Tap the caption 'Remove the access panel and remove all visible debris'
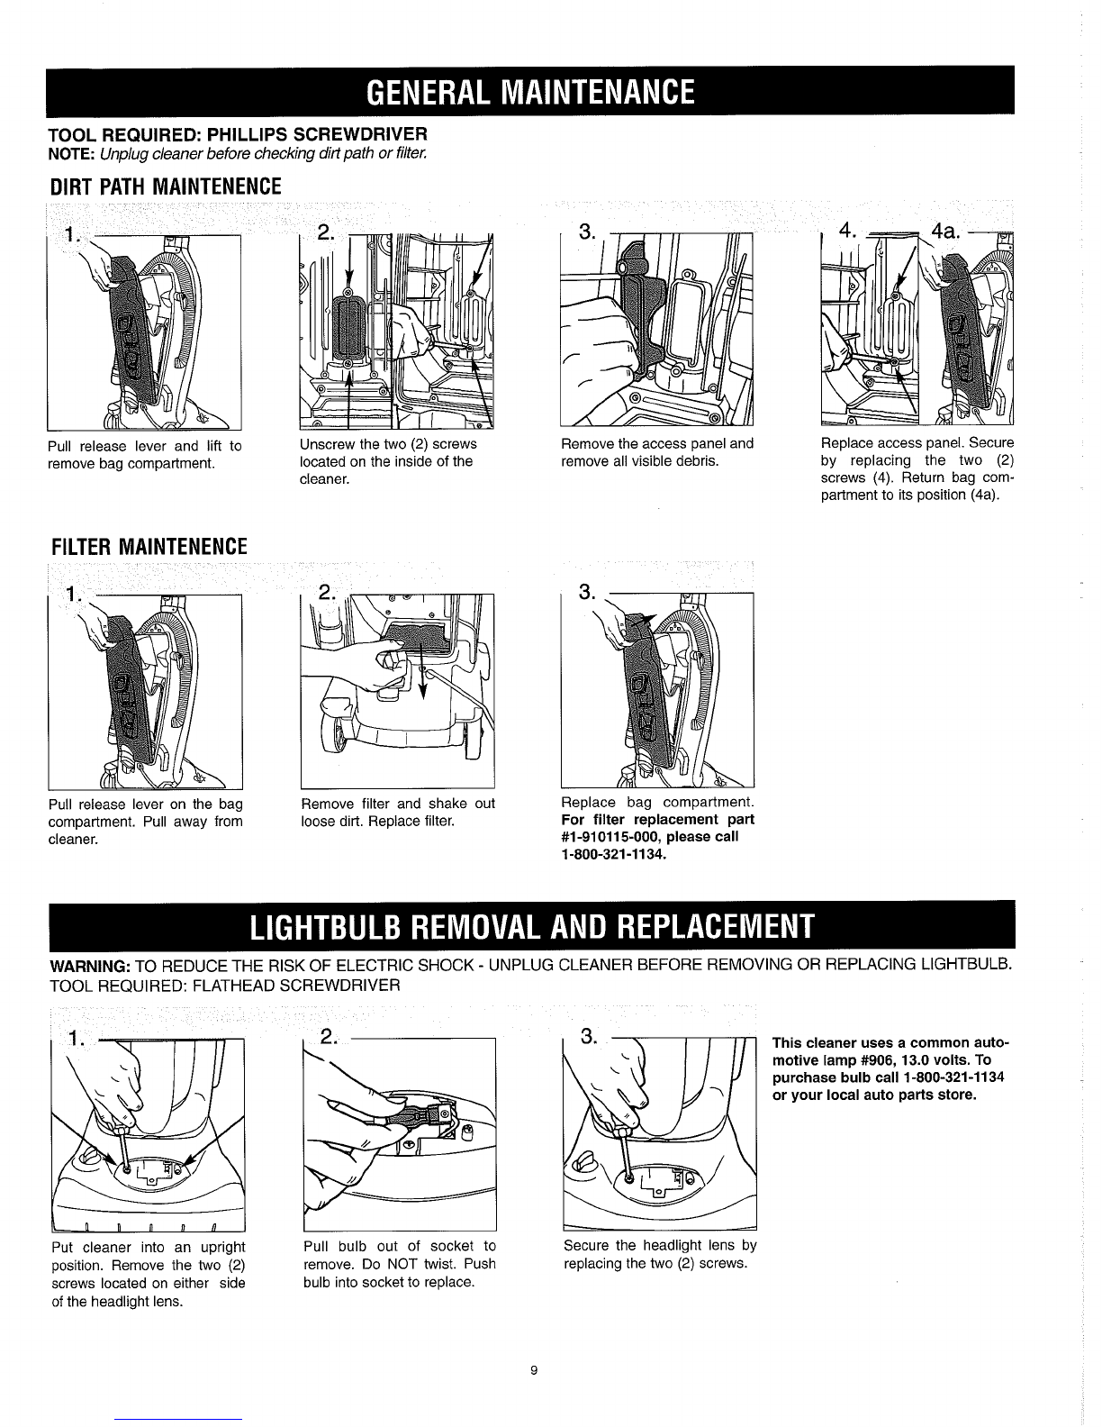[657, 452]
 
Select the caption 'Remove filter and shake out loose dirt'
[398, 812]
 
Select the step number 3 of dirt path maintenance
[588, 232]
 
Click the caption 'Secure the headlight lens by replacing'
[660, 1254]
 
